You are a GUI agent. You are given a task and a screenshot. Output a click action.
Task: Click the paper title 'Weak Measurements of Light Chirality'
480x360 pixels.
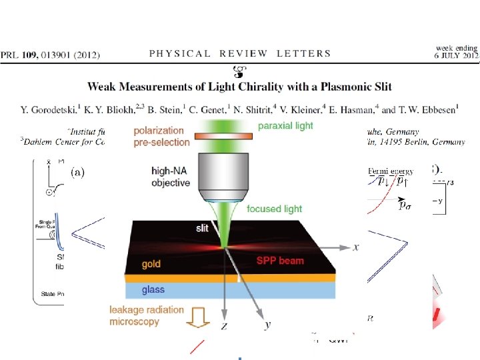239,86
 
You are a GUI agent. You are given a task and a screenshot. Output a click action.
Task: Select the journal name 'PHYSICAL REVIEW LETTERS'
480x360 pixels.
239,53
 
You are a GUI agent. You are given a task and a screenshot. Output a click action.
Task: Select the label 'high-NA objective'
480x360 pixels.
170,177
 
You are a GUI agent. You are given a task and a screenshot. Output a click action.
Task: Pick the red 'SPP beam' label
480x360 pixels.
281,261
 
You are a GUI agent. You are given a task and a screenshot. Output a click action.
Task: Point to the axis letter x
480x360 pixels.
356,247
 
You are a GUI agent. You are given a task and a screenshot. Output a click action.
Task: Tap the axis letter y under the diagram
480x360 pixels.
267,325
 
